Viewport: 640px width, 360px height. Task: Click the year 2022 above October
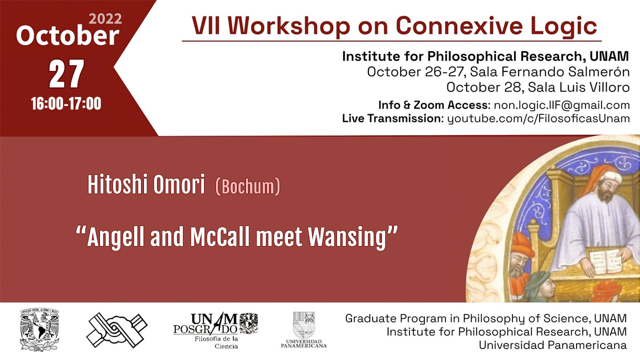(x=105, y=19)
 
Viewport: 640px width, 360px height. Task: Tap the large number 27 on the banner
(x=66, y=74)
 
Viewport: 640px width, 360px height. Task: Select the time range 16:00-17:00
(x=66, y=103)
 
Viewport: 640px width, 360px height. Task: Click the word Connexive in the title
(x=459, y=26)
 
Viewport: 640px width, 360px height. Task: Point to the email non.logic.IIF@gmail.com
(x=561, y=105)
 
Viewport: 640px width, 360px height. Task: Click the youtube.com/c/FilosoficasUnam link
(x=538, y=118)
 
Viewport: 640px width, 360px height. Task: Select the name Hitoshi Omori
(x=146, y=184)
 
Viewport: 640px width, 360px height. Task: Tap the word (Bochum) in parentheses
(x=247, y=186)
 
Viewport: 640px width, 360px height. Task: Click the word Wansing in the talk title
(x=347, y=237)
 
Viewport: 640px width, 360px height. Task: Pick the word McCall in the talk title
(x=219, y=237)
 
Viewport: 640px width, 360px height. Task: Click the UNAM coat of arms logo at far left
(x=39, y=329)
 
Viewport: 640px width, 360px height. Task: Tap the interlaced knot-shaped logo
(x=116, y=330)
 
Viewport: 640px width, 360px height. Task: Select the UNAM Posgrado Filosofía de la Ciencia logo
(x=215, y=330)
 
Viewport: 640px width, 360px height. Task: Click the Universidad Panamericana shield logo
(x=303, y=329)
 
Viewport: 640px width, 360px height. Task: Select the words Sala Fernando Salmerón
(x=549, y=71)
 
